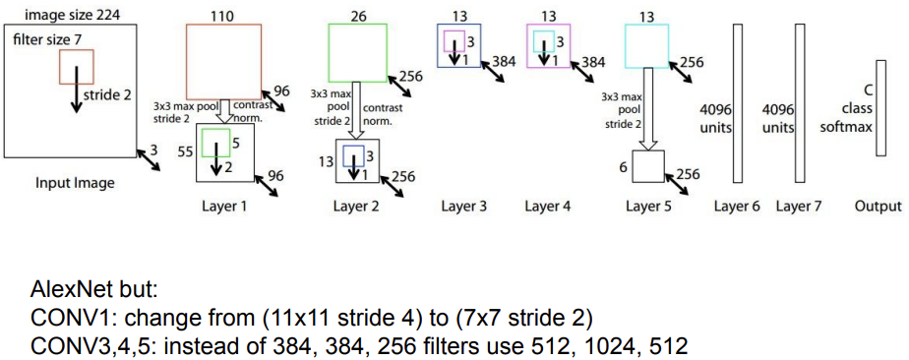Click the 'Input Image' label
(x=74, y=183)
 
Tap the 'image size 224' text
(x=66, y=14)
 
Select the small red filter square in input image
(x=77, y=67)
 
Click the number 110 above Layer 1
(x=224, y=15)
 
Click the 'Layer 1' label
(x=225, y=207)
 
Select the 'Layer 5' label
(x=648, y=207)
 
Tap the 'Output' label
(x=878, y=207)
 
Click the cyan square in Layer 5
(x=646, y=45)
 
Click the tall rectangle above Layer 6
(x=737, y=103)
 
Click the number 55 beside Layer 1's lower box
(x=184, y=153)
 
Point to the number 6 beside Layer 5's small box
(x=622, y=168)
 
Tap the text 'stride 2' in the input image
(x=108, y=95)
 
